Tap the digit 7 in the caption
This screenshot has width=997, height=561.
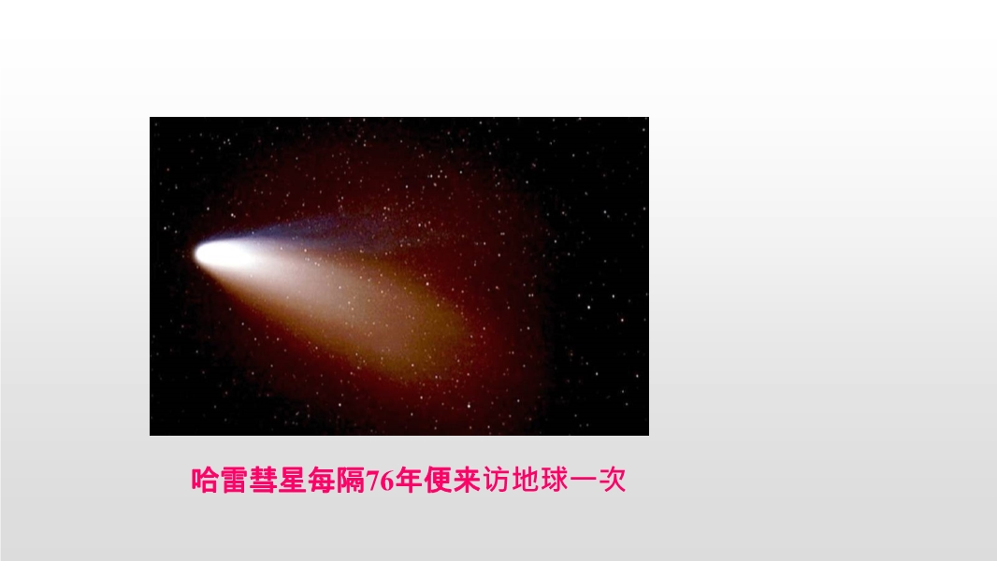pyautogui.click(x=372, y=481)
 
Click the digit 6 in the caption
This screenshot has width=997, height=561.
pyautogui.click(x=386, y=481)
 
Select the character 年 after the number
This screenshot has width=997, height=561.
pyautogui.click(x=408, y=480)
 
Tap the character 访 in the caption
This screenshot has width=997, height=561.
pyautogui.click(x=496, y=480)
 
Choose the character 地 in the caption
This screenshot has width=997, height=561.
pyautogui.click(x=526, y=480)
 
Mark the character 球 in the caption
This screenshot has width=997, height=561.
pyautogui.click(x=555, y=480)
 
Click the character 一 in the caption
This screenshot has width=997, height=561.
pyautogui.click(x=583, y=481)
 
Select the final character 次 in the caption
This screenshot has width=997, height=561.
pyautogui.click(x=613, y=480)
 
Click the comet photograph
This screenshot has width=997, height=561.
pyautogui.click(x=399, y=277)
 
